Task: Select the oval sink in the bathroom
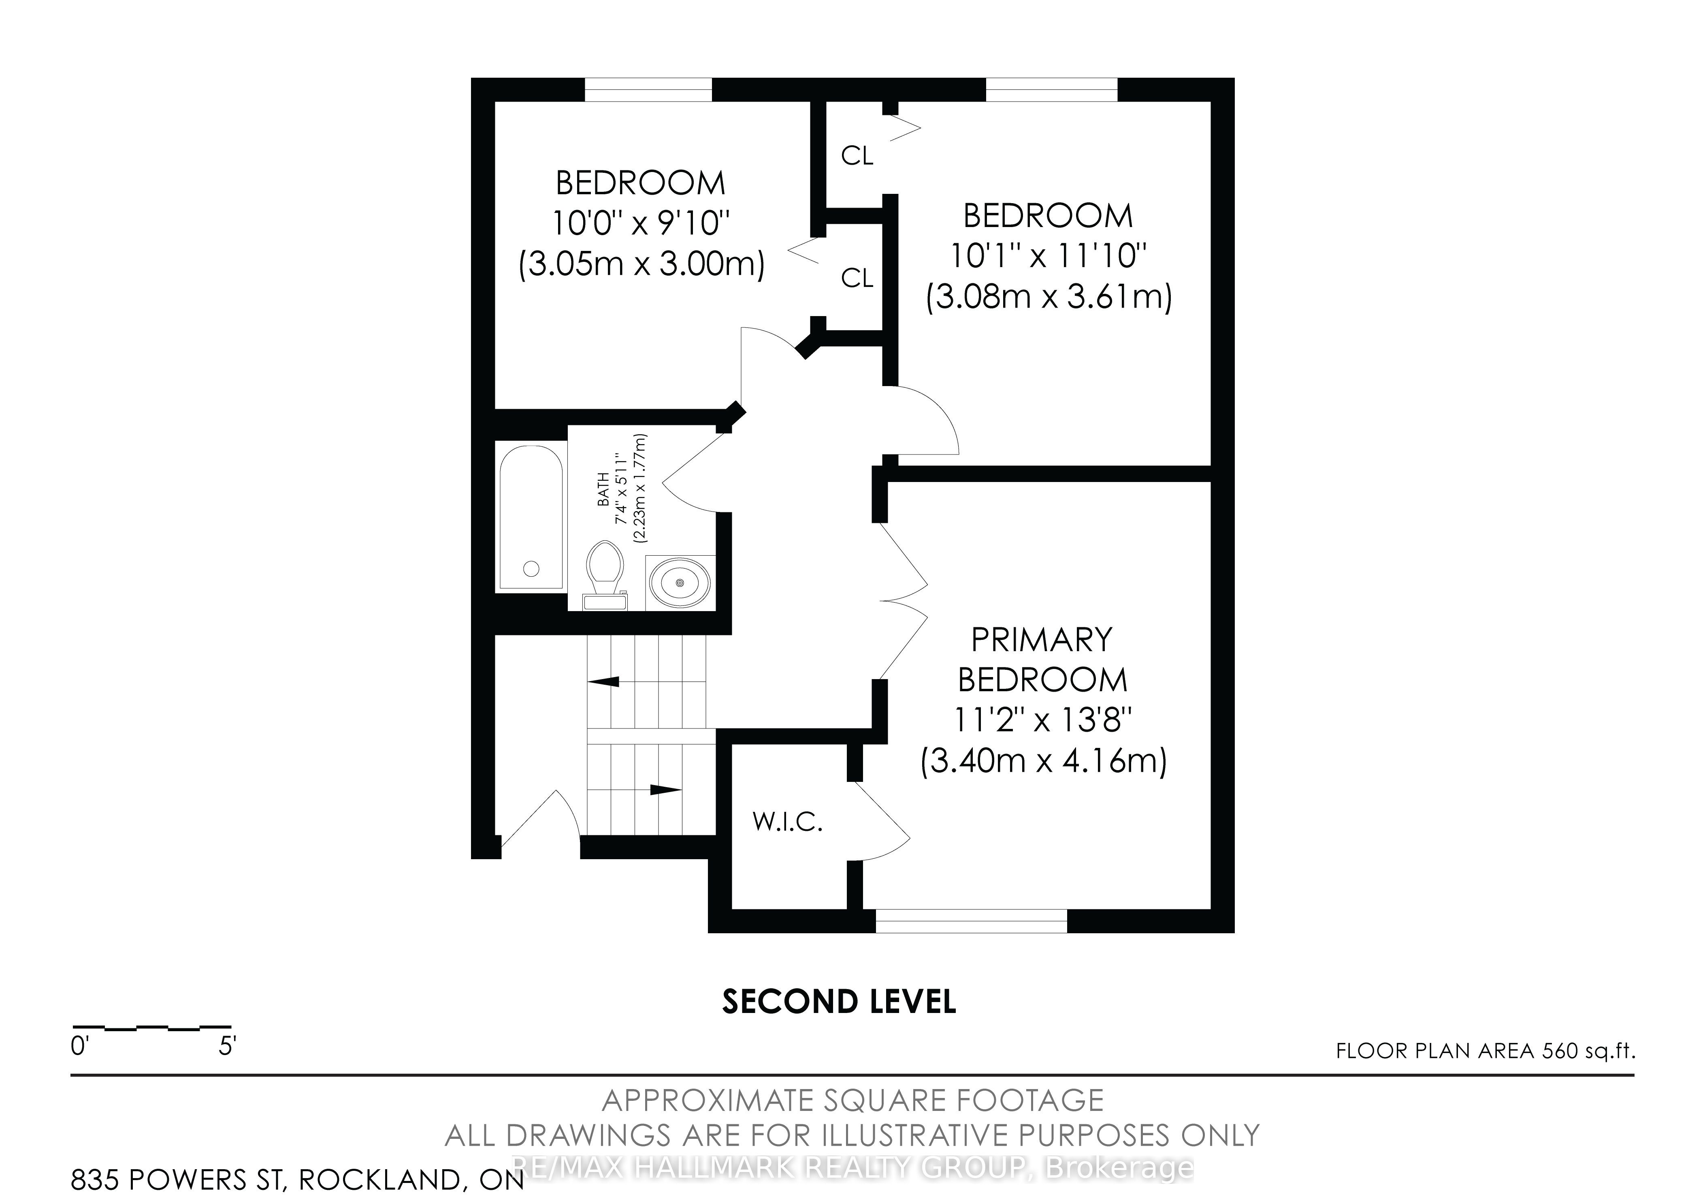click(680, 583)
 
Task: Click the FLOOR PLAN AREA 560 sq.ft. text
click(1485, 1051)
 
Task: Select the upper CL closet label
click(857, 156)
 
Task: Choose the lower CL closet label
click(857, 278)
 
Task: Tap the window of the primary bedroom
click(971, 921)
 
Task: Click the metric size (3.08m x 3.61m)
click(1049, 297)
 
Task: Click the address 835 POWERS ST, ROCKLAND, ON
click(297, 1179)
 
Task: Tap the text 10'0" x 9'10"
click(641, 223)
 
